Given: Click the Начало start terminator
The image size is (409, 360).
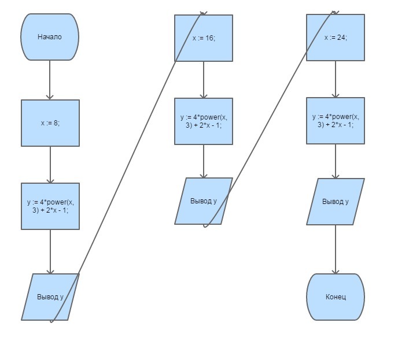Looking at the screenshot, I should pos(50,37).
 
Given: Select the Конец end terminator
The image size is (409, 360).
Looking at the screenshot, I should pos(336,297).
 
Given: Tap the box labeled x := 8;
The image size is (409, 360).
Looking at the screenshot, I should pos(50,123).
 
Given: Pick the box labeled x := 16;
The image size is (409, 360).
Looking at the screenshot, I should pos(204,38).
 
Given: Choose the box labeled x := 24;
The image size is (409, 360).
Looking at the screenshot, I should pos(336,38).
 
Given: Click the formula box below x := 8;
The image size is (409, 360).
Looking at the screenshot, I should pos(50,206).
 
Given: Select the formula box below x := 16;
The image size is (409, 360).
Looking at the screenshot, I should pos(204,121).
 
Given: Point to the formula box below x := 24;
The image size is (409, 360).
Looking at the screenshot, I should pos(336,121).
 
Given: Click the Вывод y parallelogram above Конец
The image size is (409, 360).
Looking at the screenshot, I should pos(336,202).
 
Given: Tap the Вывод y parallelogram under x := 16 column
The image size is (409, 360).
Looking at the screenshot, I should pos(204,201).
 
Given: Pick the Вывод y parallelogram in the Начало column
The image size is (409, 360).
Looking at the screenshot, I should pos(50,297).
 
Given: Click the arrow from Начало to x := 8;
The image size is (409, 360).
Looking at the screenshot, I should pos(50,80).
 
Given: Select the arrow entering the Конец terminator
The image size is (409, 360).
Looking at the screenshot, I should pos(336,249).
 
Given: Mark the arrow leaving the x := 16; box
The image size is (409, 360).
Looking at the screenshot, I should pos(204,80).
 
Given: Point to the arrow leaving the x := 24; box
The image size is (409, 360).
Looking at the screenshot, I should pos(336,79).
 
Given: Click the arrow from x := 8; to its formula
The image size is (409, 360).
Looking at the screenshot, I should pos(50,165).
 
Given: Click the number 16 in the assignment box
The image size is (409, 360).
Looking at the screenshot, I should pos(209,38).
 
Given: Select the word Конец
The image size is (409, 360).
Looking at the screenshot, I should pos(336,297).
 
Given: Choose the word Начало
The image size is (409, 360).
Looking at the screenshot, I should pos(50,37).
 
